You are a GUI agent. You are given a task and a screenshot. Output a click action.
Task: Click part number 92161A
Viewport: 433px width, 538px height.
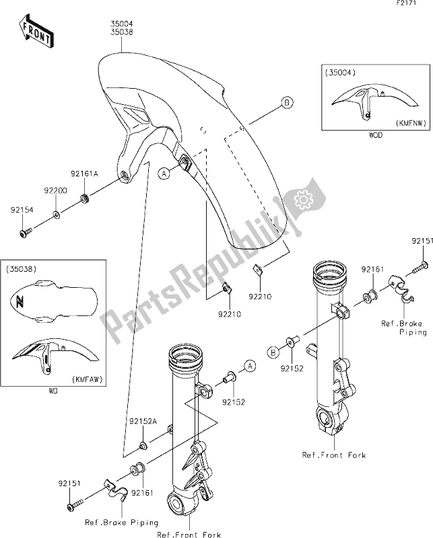pos(85,173)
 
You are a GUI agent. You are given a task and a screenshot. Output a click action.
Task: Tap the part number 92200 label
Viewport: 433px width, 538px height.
pos(57,191)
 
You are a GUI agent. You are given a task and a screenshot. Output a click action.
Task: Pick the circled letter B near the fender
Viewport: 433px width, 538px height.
pos(286,103)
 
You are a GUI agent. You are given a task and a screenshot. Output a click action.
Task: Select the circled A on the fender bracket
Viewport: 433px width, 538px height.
pos(164,172)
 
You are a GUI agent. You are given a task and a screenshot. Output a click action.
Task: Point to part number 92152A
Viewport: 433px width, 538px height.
pos(143,421)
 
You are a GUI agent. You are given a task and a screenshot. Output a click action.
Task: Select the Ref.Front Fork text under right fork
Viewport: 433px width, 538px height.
pos(335,455)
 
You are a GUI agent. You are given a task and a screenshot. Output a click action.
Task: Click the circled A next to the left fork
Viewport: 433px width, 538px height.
pos(249,366)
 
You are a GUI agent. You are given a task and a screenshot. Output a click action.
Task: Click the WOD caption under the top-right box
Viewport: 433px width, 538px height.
pos(376,135)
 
